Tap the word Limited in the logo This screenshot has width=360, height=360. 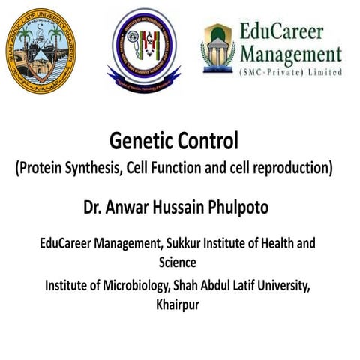pyautogui.click(x=324, y=72)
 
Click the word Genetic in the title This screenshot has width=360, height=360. pyautogui.click(x=142, y=141)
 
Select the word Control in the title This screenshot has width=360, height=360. pyautogui.click(x=214, y=141)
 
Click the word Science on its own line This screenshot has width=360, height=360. pyautogui.click(x=178, y=262)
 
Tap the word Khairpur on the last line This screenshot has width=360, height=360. pyautogui.click(x=180, y=304)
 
